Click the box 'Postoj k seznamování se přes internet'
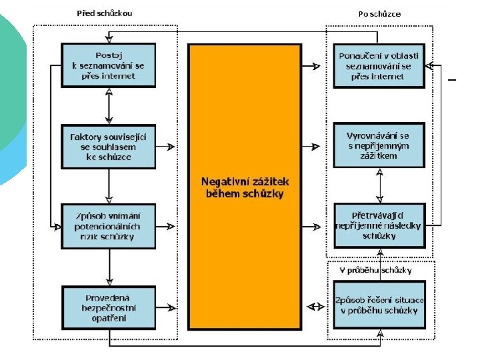(x=108, y=65)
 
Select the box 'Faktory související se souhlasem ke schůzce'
(x=108, y=147)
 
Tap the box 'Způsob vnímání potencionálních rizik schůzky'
(x=108, y=225)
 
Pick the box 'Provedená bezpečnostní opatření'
(x=108, y=307)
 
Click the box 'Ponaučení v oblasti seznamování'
(x=379, y=65)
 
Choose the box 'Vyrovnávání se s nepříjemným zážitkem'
(x=379, y=145)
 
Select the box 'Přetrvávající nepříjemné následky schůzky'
(x=379, y=225)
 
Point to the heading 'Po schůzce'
(x=379, y=13)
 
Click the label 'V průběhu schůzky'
(x=375, y=270)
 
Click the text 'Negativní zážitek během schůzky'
(x=245, y=187)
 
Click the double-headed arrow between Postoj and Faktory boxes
(x=109, y=105)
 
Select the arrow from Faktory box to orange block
(x=167, y=146)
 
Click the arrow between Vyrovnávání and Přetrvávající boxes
(x=379, y=185)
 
